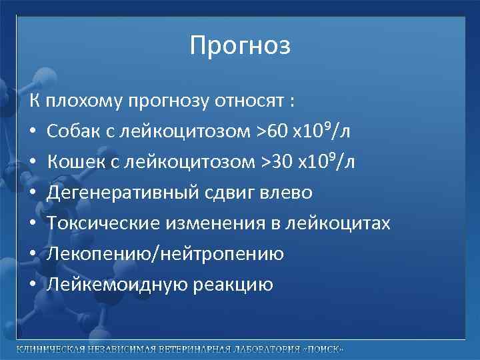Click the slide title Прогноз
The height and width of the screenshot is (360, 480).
coord(240,46)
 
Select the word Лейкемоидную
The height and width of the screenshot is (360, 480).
coord(109,285)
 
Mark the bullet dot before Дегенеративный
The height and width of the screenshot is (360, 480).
coord(33,193)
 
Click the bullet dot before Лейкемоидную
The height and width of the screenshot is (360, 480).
coord(33,285)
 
